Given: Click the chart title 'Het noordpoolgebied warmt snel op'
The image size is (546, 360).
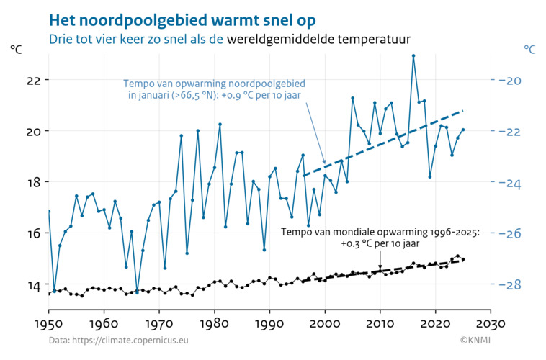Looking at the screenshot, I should pos(182,17).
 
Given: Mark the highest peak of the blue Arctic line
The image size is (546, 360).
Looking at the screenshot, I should pos(413,55).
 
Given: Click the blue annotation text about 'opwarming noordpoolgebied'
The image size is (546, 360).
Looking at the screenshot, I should pos(214,89).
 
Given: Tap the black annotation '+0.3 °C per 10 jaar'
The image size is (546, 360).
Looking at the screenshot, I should pos(380,243).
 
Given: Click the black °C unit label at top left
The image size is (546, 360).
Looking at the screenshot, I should pos(17,50).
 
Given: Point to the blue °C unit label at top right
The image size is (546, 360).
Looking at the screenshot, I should pos(529,50).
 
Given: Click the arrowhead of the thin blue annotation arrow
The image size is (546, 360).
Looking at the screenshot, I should pos(325,163).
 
